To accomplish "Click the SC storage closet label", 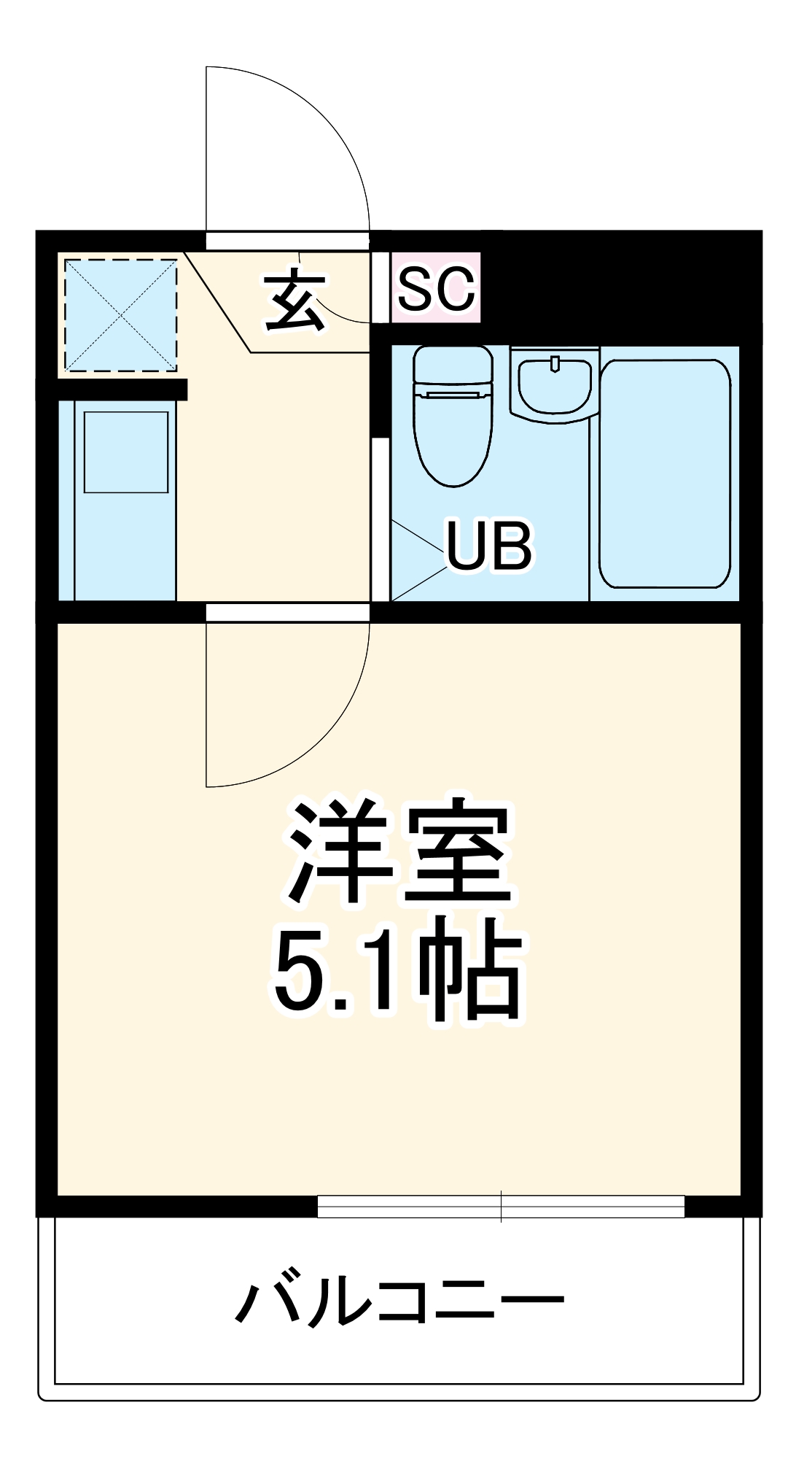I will (x=436, y=287).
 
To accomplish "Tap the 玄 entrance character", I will (x=295, y=301).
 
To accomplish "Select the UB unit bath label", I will (x=489, y=545).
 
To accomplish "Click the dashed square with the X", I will (x=121, y=315).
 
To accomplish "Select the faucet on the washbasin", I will (x=555, y=363).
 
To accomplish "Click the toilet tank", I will (x=453, y=364).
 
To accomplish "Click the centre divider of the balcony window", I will (x=501, y=1206).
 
